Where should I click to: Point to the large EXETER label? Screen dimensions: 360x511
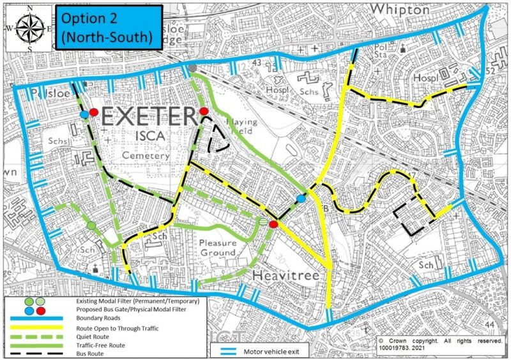148,117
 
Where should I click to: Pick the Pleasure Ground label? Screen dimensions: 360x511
217,248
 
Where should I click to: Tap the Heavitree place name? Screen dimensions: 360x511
285,275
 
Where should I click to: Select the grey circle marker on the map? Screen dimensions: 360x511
192,68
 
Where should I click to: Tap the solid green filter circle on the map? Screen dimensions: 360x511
91,225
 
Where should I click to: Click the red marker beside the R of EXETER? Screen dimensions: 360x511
204,112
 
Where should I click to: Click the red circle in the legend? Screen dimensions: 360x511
41,310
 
